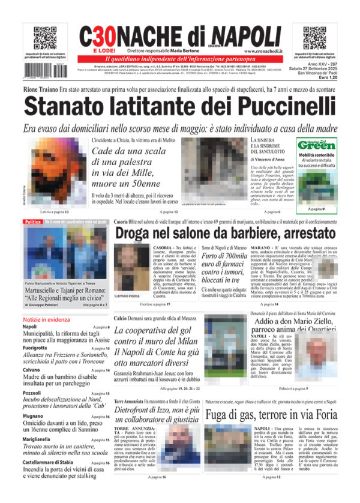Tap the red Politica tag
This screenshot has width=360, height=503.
coord(32,222)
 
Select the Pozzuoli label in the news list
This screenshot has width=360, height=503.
coord(35,393)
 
